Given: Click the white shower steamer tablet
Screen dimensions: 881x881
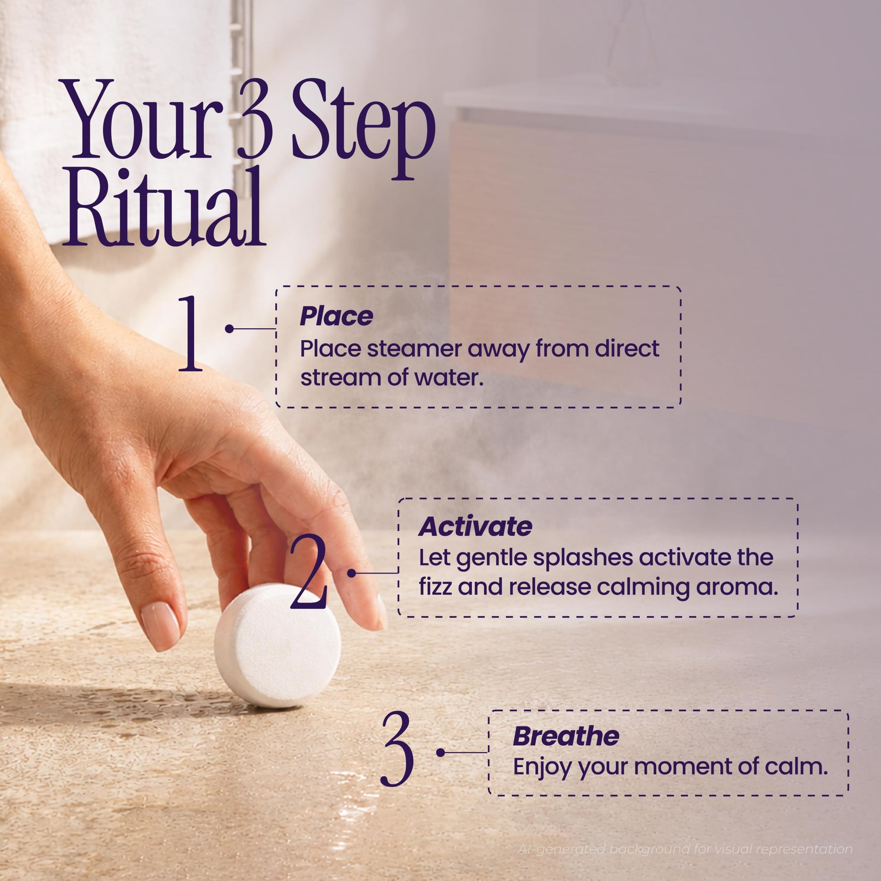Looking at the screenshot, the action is (x=278, y=646).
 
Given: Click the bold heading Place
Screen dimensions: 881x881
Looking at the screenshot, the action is (x=336, y=316).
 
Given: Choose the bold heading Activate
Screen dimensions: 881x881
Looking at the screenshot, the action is (x=475, y=527).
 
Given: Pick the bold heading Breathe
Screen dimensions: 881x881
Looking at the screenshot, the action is (x=566, y=737).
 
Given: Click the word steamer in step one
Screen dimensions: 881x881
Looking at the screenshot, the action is (x=413, y=349).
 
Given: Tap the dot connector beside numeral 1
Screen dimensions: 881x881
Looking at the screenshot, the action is (x=230, y=328).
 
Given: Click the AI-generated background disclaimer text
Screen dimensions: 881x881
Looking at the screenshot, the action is (x=685, y=849).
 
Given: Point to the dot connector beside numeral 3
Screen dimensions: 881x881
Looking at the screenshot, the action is (x=440, y=752).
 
